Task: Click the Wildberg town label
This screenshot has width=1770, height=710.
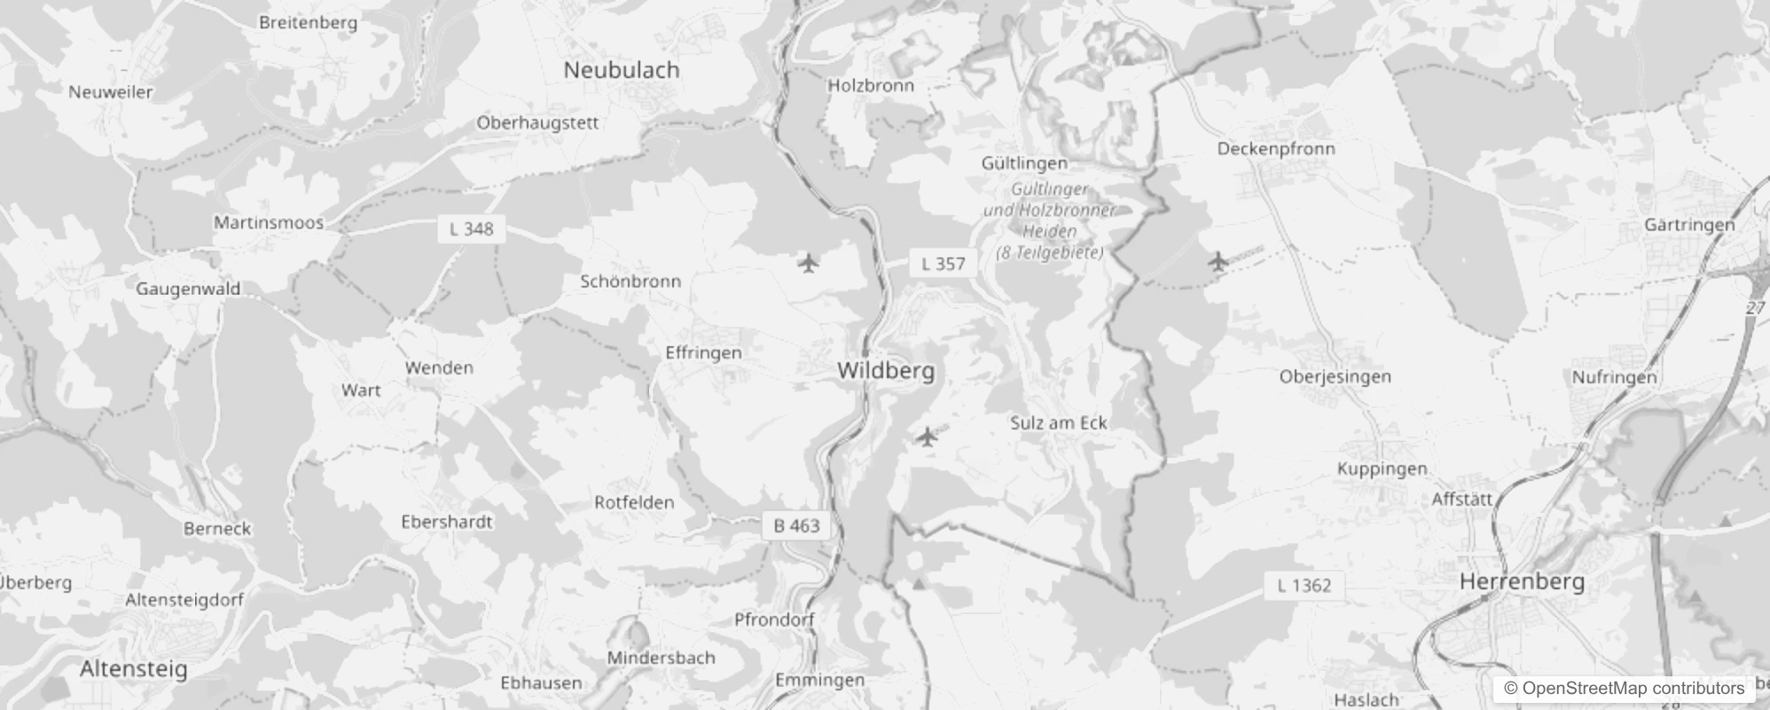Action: (x=885, y=371)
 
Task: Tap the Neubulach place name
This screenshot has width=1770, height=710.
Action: (x=621, y=70)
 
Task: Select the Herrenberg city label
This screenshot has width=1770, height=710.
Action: (x=1522, y=582)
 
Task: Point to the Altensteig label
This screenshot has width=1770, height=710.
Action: (x=133, y=668)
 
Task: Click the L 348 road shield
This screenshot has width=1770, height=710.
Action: (x=471, y=229)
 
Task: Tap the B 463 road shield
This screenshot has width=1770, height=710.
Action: (x=795, y=525)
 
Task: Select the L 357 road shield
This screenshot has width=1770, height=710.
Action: (x=943, y=264)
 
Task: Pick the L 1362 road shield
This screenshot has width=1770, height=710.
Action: (x=1304, y=586)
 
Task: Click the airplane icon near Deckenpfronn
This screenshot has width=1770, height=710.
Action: (x=1218, y=262)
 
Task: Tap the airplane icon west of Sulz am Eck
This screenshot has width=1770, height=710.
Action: (x=927, y=437)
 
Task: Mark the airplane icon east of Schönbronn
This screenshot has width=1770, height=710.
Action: (x=807, y=264)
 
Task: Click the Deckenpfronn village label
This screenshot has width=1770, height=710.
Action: (x=1275, y=149)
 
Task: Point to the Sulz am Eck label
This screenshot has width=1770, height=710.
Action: (x=1058, y=423)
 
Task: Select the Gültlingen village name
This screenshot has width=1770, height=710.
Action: (x=1023, y=163)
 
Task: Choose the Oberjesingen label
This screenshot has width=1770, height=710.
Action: (x=1335, y=377)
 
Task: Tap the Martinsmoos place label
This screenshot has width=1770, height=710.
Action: (x=268, y=223)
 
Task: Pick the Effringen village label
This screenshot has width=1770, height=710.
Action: (x=703, y=353)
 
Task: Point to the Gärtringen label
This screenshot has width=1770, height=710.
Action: (x=1688, y=225)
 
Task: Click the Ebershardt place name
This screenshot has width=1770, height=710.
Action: (x=446, y=522)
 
